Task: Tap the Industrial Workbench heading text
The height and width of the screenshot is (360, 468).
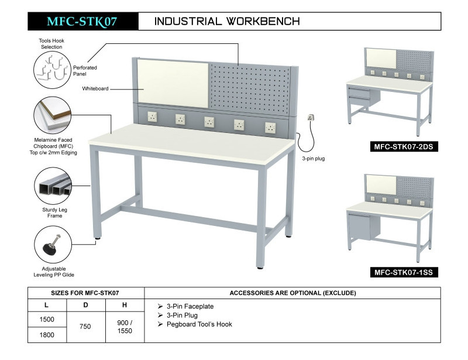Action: [227, 22]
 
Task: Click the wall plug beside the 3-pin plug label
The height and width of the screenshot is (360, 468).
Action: [312, 119]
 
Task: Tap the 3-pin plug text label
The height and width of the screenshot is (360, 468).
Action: [313, 159]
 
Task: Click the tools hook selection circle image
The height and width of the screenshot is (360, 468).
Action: [52, 70]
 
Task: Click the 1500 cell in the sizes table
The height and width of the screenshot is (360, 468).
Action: [47, 319]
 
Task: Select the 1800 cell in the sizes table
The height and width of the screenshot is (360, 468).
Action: [47, 335]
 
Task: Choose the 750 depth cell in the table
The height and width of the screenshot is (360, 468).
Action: [85, 327]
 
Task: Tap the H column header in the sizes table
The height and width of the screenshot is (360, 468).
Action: [124, 305]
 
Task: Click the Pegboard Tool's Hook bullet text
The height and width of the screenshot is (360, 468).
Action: [199, 324]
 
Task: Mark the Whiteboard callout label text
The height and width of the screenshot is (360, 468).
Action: [95, 88]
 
